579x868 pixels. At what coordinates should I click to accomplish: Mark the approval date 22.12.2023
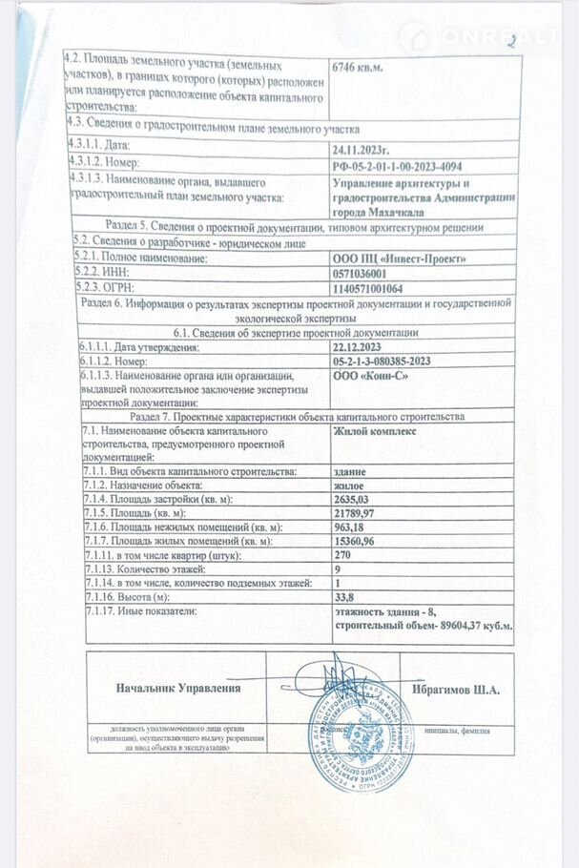(x=359, y=348)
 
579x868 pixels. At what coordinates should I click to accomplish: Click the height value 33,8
(x=342, y=595)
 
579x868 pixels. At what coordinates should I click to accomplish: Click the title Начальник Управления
(x=177, y=688)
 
